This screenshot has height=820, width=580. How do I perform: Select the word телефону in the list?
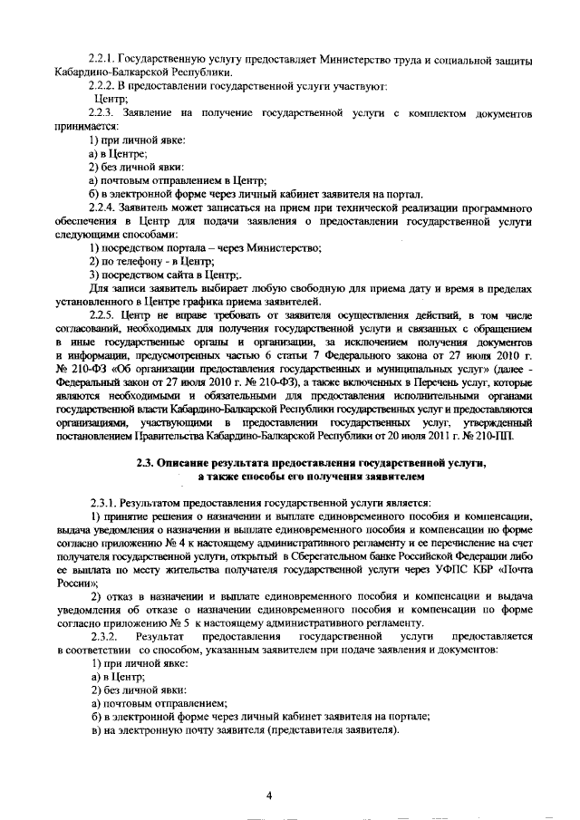135,260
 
